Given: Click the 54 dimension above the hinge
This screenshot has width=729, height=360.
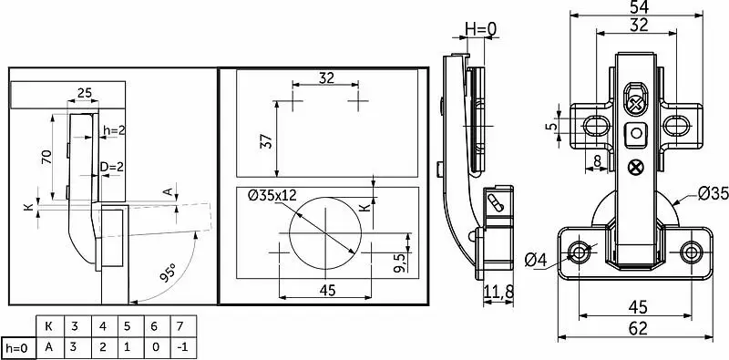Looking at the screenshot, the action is tap(640, 6).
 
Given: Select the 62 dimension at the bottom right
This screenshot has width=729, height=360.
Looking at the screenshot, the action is tap(639, 328).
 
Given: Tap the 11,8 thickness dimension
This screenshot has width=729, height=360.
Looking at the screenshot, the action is tap(498, 292).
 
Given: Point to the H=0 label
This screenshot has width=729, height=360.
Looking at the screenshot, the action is tap(481, 29).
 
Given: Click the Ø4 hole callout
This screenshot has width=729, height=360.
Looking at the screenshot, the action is tap(536, 260).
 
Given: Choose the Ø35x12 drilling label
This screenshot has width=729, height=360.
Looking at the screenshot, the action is tap(272, 195).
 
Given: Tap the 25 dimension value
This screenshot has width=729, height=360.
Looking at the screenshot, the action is tap(84, 93).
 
